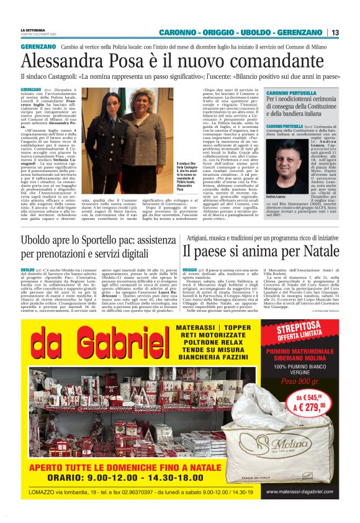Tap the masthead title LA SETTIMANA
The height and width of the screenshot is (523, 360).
coord(34,29)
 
